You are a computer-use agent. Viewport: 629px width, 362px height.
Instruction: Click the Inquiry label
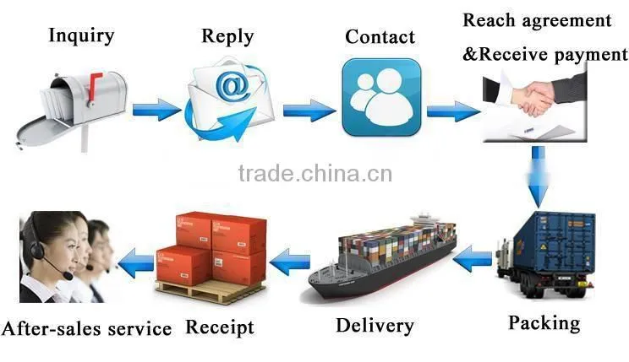pyautogui.click(x=81, y=35)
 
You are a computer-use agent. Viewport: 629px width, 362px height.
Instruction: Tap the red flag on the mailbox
pyautogui.click(x=95, y=86)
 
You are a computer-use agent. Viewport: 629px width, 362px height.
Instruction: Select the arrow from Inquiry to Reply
pyautogui.click(x=156, y=110)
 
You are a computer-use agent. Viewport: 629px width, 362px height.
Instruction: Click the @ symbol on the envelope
pyautogui.click(x=232, y=85)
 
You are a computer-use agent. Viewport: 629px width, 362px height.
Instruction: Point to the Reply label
pyautogui.click(x=227, y=37)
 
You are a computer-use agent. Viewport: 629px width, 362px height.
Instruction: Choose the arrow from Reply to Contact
pyautogui.click(x=309, y=111)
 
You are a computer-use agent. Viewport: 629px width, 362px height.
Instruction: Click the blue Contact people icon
pyautogui.click(x=381, y=97)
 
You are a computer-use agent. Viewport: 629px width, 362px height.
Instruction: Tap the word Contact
pyautogui.click(x=380, y=37)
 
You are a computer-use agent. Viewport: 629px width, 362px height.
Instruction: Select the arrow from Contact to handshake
pyautogui.click(x=453, y=111)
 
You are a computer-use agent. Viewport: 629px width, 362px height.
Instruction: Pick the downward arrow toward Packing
pyautogui.click(x=538, y=177)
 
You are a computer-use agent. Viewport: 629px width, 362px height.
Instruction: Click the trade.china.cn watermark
pyautogui.click(x=315, y=173)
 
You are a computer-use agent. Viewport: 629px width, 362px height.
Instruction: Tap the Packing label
pyautogui.click(x=544, y=323)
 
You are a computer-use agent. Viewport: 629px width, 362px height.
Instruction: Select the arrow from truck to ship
pyautogui.click(x=473, y=258)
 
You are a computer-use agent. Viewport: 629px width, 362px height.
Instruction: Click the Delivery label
pyautogui.click(x=375, y=326)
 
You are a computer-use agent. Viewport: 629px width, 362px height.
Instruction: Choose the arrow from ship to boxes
pyautogui.click(x=290, y=262)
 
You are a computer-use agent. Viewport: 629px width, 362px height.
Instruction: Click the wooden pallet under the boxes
pyautogui.click(x=211, y=291)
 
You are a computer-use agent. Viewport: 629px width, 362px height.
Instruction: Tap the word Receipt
pyautogui.click(x=220, y=327)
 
